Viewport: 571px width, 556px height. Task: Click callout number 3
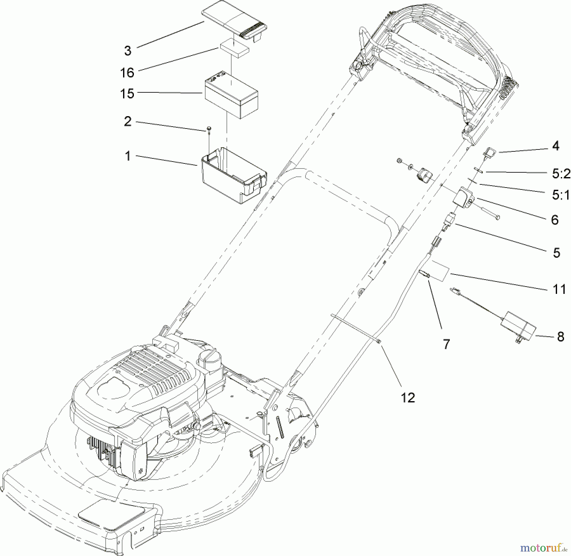[x=128, y=51]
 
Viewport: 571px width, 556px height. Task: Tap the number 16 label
[x=127, y=73]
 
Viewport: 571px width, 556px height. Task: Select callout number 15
[x=127, y=94]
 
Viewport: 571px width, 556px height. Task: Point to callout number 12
[x=408, y=397]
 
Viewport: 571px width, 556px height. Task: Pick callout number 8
[x=561, y=337]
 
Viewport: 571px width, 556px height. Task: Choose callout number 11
[x=559, y=289]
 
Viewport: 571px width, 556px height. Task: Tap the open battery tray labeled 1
[x=234, y=175]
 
